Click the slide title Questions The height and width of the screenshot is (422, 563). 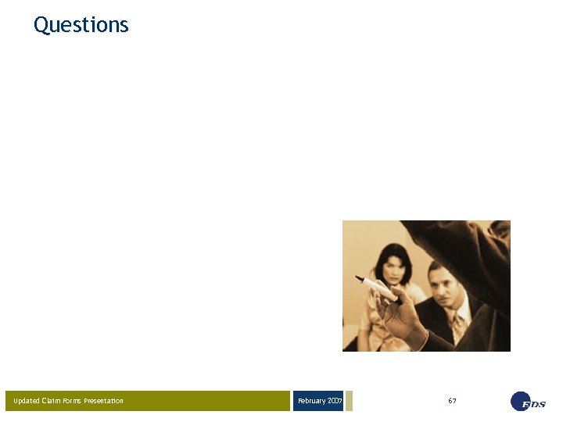tap(81, 25)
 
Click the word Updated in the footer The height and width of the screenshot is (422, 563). tap(26, 401)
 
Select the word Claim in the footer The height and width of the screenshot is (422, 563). tap(50, 401)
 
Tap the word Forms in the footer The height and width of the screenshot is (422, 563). tap(73, 401)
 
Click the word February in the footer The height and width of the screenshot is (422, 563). tap(311, 401)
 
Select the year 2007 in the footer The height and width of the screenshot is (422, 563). tap(335, 401)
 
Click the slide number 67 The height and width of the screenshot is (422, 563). tap(452, 401)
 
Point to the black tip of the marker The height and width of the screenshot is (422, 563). tap(360, 278)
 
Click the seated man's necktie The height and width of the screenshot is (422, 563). tap(457, 324)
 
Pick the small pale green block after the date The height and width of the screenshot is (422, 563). tap(350, 401)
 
